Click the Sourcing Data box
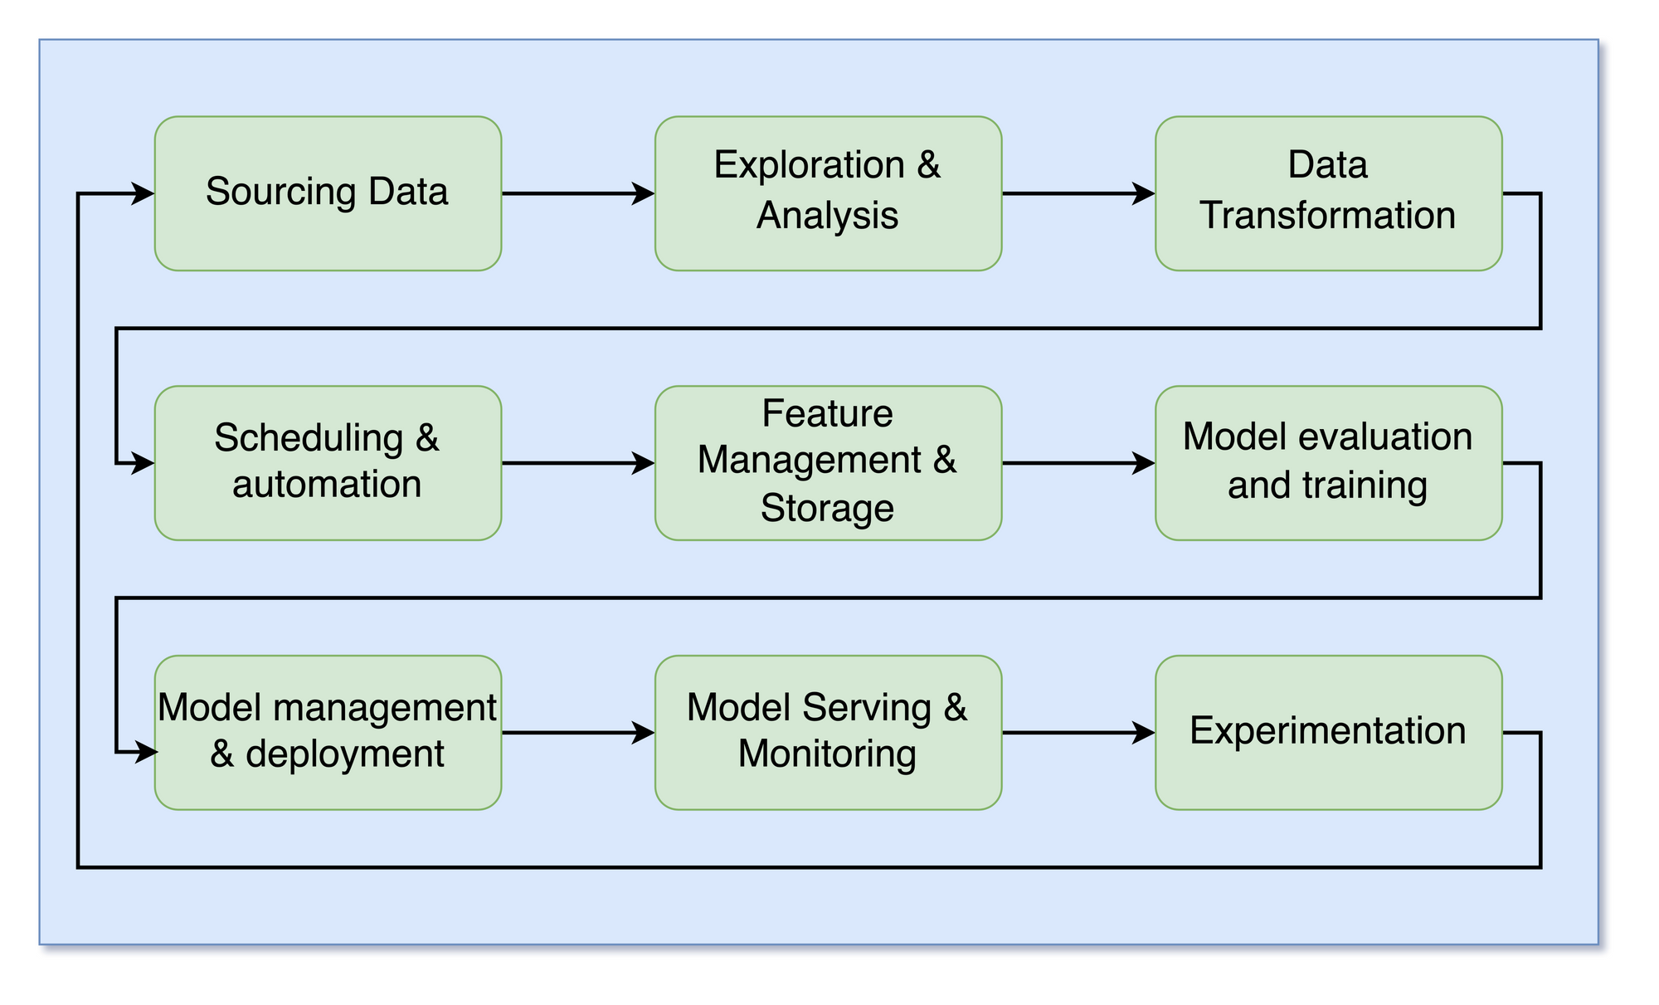point(328,193)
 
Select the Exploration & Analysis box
point(828,193)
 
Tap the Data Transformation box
point(1328,193)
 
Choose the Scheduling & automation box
point(328,463)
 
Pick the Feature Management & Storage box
point(828,463)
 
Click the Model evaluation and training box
point(1328,463)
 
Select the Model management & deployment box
point(328,733)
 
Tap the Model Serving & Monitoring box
point(828,733)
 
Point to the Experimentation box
point(1328,733)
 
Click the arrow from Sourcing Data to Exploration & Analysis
point(578,193)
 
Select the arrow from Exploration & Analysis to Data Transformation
point(1078,193)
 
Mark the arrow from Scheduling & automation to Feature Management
point(578,463)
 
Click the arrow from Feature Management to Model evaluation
point(1078,463)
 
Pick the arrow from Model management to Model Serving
point(578,733)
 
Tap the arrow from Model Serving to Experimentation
point(1078,733)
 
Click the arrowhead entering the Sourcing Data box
point(144,193)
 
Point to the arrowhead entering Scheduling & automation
point(144,463)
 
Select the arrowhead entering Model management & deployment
point(145,753)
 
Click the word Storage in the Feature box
point(828,508)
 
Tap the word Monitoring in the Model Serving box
point(828,754)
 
